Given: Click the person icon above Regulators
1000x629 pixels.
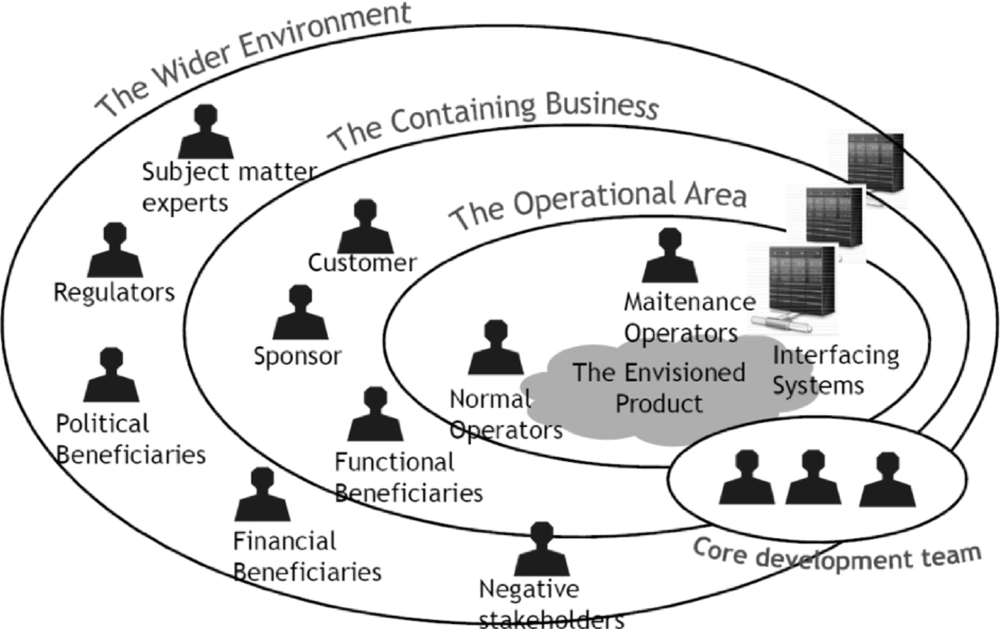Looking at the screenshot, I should (115, 251).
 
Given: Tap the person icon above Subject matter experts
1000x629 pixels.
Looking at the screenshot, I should (205, 132).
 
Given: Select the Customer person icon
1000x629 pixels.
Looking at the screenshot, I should (365, 227).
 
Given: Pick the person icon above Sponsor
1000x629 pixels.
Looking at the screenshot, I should (300, 313).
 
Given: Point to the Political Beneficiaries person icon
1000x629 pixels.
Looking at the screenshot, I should (111, 376).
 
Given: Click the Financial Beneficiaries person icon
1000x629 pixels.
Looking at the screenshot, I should (262, 495).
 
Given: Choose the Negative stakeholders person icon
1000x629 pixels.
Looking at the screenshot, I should (541, 550).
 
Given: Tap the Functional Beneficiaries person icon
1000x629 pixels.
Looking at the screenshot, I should (375, 415).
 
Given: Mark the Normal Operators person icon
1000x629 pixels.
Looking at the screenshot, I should (495, 348).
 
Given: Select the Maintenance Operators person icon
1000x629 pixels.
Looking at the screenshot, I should (669, 256).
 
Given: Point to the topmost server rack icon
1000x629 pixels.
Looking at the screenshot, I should (876, 162).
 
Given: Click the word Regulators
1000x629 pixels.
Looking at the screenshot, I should (114, 293).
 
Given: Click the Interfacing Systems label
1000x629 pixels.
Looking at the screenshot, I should (835, 370).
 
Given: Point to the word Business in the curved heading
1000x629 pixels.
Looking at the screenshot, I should (602, 106).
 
